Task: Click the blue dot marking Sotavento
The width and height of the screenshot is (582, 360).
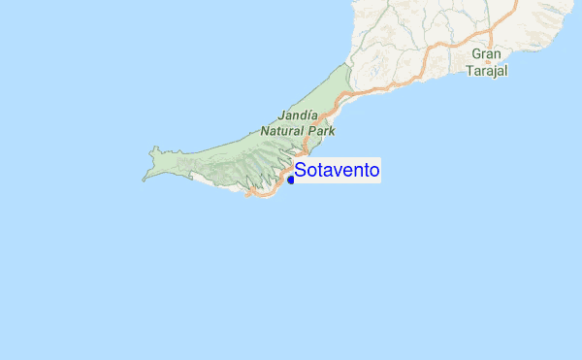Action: pyautogui.click(x=291, y=179)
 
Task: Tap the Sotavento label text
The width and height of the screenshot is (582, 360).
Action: pyautogui.click(x=337, y=171)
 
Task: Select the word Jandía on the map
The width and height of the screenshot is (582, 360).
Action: pyautogui.click(x=298, y=114)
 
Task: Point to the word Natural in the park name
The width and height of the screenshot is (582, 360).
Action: pyautogui.click(x=282, y=130)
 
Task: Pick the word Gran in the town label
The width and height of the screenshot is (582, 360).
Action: pyautogui.click(x=486, y=55)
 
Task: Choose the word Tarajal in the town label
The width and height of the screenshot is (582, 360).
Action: pyautogui.click(x=486, y=71)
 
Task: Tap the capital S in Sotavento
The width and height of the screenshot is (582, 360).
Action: pyautogui.click(x=301, y=171)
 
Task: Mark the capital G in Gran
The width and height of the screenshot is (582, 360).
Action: pyautogui.click(x=476, y=55)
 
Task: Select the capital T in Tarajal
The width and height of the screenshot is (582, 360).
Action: pyautogui.click(x=469, y=71)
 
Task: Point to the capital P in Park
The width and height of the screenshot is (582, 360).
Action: pyautogui.click(x=311, y=130)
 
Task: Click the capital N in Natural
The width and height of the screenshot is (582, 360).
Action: pyautogui.click(x=265, y=130)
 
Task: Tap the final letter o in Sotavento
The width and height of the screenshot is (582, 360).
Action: pyautogui.click(x=373, y=171)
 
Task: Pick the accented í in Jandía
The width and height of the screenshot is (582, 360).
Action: pyautogui.click(x=309, y=114)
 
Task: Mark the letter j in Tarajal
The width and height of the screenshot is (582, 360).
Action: pyautogui.click(x=492, y=72)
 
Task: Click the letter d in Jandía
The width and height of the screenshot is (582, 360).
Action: pyautogui.click(x=303, y=114)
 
